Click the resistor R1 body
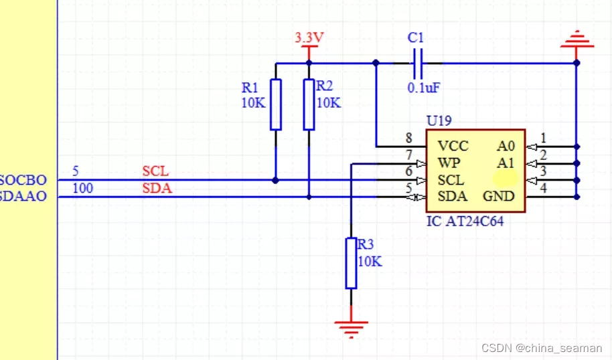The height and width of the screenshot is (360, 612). click(276, 104)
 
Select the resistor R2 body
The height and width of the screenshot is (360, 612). click(309, 104)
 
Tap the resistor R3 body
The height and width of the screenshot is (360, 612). click(351, 263)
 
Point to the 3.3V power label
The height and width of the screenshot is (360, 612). click(309, 37)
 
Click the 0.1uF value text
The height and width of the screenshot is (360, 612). click(423, 88)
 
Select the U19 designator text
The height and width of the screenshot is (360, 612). click(439, 121)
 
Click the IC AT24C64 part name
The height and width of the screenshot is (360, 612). click(465, 221)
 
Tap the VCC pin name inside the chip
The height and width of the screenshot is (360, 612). click(453, 146)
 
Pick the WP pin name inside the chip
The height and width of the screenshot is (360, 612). click(449, 163)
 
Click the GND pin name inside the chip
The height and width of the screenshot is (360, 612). click(499, 196)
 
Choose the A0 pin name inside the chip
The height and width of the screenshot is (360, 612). click(506, 146)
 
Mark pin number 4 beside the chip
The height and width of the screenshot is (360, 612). click(544, 189)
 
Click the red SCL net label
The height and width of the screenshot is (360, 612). click(155, 172)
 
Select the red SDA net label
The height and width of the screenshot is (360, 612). click(157, 189)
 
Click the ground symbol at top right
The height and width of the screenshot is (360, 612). click(577, 41)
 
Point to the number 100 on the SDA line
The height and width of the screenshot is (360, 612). click(82, 189)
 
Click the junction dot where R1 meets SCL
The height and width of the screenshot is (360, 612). click(276, 180)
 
